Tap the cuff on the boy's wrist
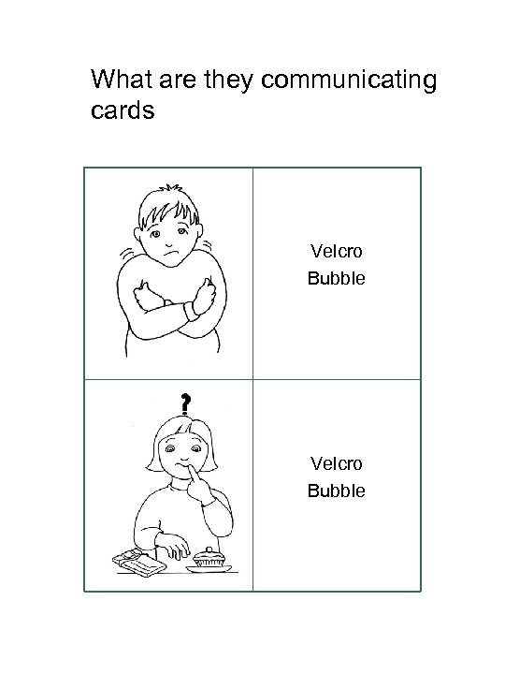(191, 309)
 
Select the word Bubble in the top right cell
(336, 278)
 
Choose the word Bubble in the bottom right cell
(336, 491)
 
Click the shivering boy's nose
(170, 239)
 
